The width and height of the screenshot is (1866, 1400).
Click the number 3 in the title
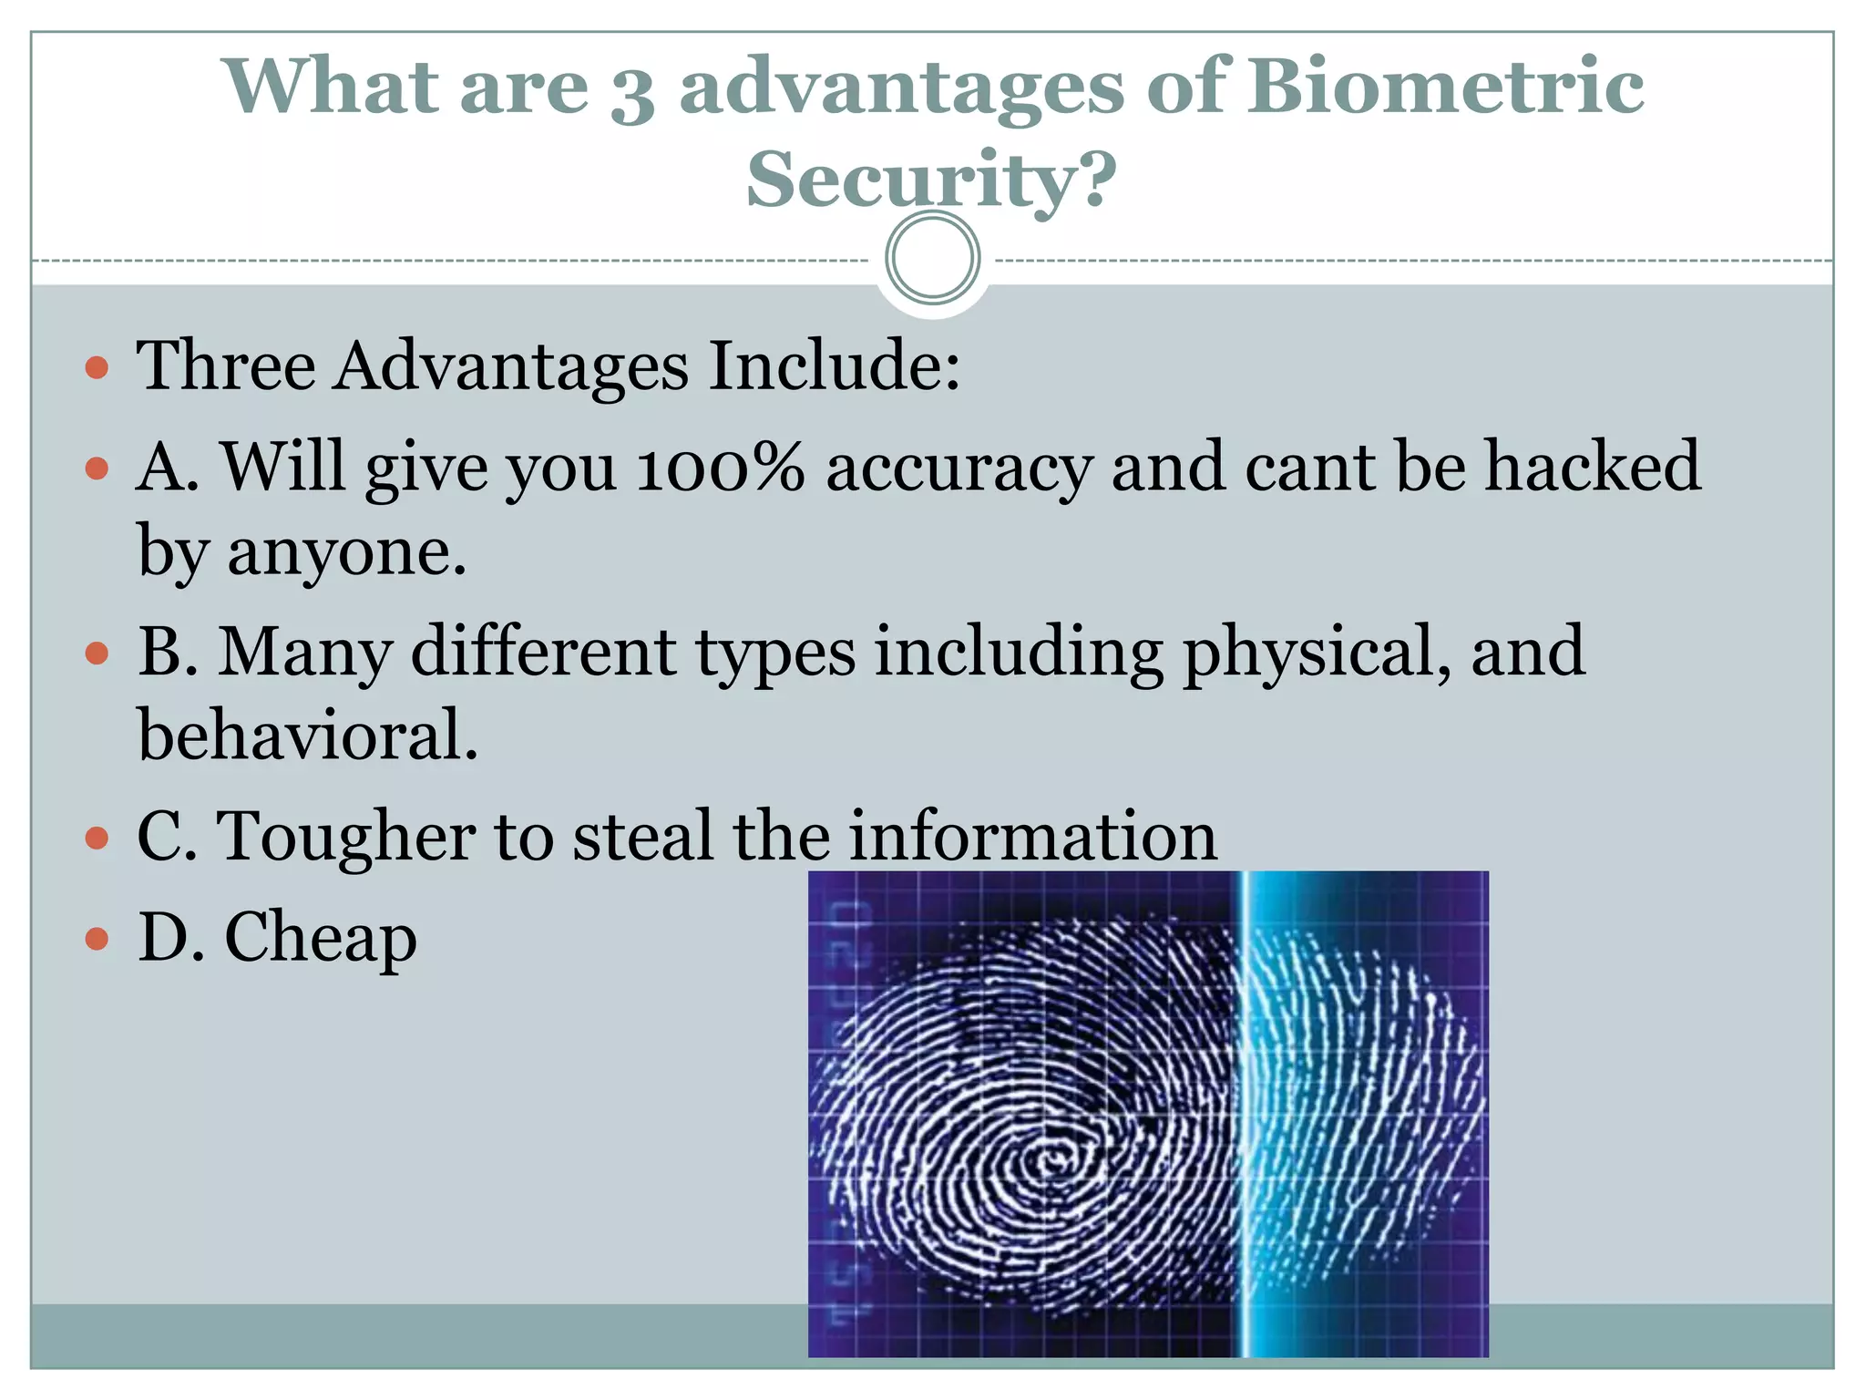coord(632,94)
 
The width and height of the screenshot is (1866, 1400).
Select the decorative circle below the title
coord(932,258)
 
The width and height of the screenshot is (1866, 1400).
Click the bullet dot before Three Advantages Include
coord(97,368)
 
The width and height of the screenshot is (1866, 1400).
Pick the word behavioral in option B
coord(307,736)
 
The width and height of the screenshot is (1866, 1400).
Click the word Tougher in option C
coord(345,838)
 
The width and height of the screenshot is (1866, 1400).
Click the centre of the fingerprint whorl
coord(1052,1161)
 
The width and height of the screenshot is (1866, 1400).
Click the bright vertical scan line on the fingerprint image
coord(1242,1112)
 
